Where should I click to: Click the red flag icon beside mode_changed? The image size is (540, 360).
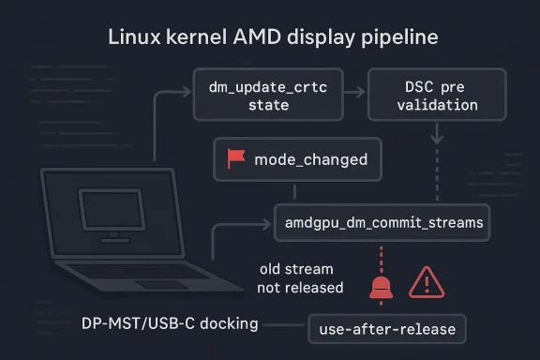(x=232, y=159)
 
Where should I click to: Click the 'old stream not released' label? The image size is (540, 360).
(x=300, y=278)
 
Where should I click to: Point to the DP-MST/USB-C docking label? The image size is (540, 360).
(x=164, y=323)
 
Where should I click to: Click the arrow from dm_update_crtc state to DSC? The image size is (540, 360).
(x=353, y=94)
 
